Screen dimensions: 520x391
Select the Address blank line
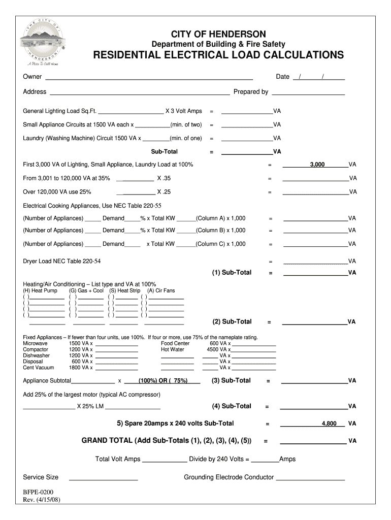coord(139,94)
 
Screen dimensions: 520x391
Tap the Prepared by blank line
coord(308,94)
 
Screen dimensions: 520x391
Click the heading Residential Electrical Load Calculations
coord(218,55)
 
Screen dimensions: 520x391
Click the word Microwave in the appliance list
coord(36,343)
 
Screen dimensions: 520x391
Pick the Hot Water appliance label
coord(173,349)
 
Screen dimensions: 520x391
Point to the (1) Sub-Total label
coord(232,273)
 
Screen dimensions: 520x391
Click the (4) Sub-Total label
coord(232,406)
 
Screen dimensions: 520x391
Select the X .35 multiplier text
coord(164,179)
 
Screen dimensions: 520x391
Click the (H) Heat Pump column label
coord(40,290)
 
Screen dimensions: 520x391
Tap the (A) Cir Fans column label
coord(161,290)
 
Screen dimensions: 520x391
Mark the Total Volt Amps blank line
coord(164,462)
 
